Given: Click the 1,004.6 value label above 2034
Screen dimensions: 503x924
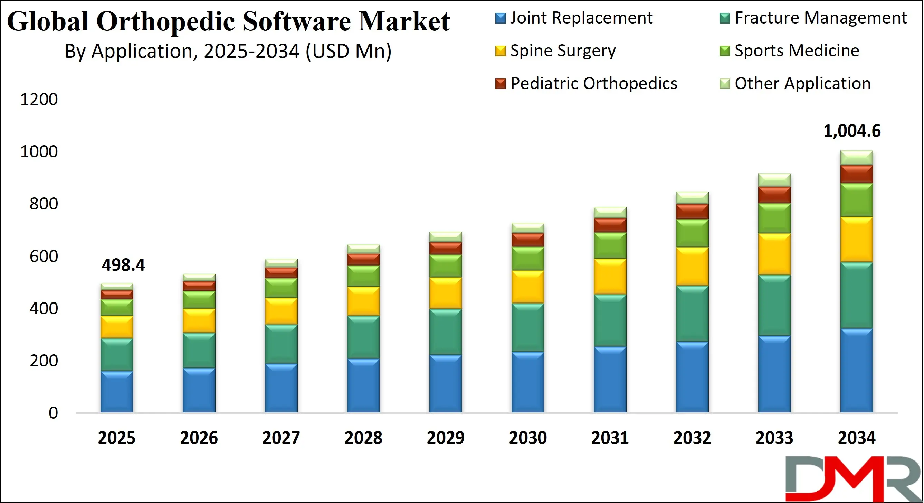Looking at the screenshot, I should coord(851,131).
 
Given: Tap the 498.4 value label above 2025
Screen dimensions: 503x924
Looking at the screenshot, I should coord(123,265).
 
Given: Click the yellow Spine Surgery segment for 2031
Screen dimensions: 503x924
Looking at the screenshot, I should coord(610,277).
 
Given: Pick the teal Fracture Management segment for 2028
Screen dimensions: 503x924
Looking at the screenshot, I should coord(363,337).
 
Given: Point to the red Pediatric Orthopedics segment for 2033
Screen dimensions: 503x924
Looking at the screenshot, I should coord(774,195).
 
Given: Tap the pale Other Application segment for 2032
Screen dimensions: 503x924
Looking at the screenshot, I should coord(692,198).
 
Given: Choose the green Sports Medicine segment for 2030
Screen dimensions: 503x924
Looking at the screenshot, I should coord(528,259).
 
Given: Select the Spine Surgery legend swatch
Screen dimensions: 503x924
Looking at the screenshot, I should coord(501,51).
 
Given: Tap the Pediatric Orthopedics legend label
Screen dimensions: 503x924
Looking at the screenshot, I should coord(594,84).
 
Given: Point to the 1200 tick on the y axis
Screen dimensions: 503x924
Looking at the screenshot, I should coord(39,100).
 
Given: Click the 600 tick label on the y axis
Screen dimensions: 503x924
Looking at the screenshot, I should coord(44,257).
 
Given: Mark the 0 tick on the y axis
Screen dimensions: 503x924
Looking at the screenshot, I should coord(53,413).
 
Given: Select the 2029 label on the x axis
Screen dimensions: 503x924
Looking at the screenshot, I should coord(446,438).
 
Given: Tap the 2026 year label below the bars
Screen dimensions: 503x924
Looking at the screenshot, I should coord(199,438).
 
